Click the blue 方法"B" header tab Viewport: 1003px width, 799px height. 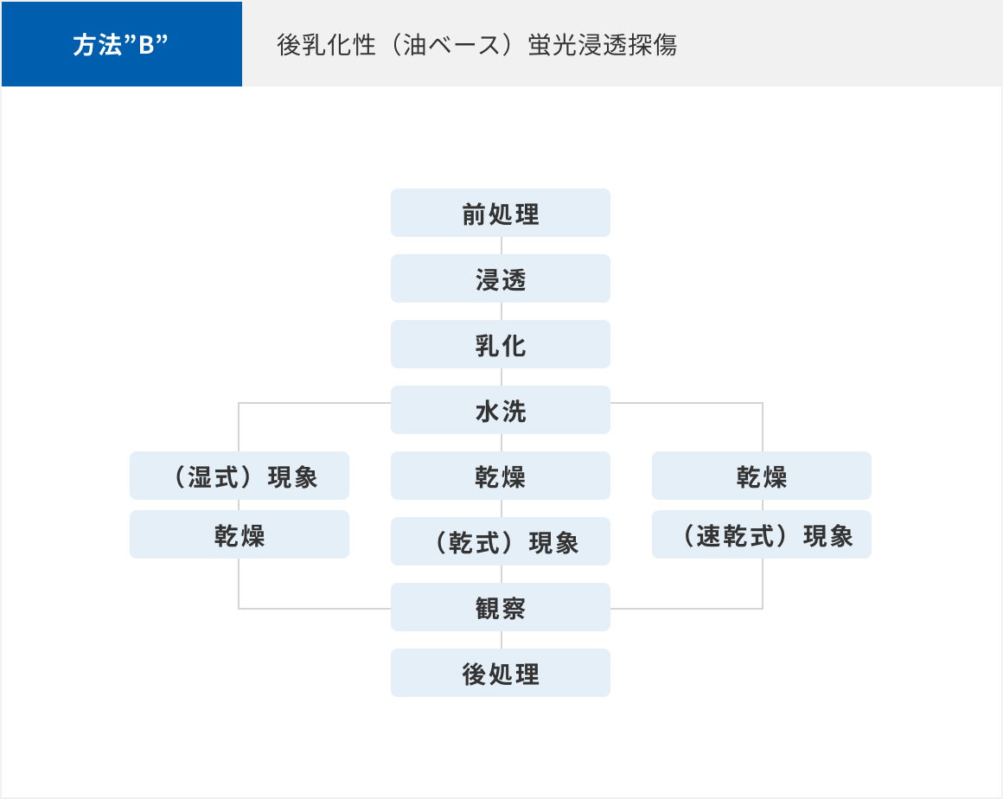click(122, 43)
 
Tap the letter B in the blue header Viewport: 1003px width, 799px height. click(146, 46)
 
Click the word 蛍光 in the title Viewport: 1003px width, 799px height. click(553, 45)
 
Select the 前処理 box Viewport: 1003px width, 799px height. click(501, 213)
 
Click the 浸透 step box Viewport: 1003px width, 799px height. click(501, 279)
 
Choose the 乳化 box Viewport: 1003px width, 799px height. click(501, 344)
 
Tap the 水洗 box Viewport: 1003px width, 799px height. click(501, 410)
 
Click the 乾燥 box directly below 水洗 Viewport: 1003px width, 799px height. click(501, 476)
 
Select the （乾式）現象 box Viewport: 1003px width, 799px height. click(501, 541)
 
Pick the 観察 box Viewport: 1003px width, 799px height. click(501, 607)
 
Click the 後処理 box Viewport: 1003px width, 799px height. click(501, 673)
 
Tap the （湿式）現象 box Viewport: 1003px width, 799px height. click(240, 476)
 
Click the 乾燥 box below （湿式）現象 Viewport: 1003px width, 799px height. click(240, 534)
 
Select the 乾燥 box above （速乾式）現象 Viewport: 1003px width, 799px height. click(761, 476)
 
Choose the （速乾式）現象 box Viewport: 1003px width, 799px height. click(761, 534)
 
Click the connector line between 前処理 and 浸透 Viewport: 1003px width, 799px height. click(501, 246)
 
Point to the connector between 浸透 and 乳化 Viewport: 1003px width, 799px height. click(501, 311)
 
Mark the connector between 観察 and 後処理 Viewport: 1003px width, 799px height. click(501, 640)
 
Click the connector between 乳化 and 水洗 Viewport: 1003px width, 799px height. click(501, 377)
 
